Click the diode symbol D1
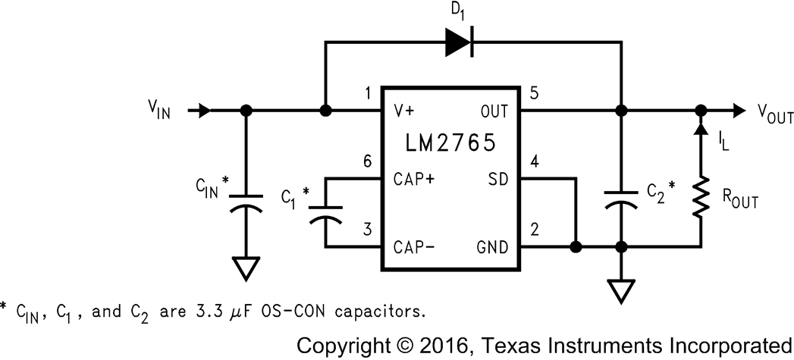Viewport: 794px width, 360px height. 459,42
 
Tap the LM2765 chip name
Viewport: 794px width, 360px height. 450,143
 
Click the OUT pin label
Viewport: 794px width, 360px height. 494,111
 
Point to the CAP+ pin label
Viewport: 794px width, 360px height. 414,180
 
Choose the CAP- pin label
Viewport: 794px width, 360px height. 414,247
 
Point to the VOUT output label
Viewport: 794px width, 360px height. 774,115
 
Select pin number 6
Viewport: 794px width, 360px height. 368,162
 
